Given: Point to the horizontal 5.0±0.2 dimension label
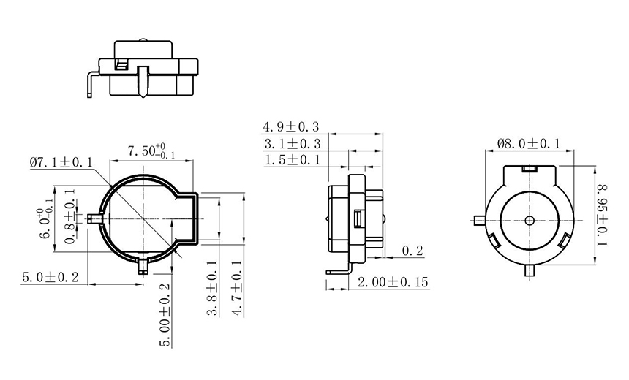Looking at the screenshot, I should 51,277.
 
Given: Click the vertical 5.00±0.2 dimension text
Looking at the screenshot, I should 165,315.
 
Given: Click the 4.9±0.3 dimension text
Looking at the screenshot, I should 291,128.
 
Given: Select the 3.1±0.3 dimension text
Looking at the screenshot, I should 291,144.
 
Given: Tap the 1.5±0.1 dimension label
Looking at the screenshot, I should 291,160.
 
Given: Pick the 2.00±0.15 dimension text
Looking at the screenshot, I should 392,282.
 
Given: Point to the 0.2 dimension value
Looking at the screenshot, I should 413,251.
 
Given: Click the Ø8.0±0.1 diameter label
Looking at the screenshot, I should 528,144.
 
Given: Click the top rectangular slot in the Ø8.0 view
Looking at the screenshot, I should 529,169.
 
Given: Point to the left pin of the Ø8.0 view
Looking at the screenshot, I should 477,220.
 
